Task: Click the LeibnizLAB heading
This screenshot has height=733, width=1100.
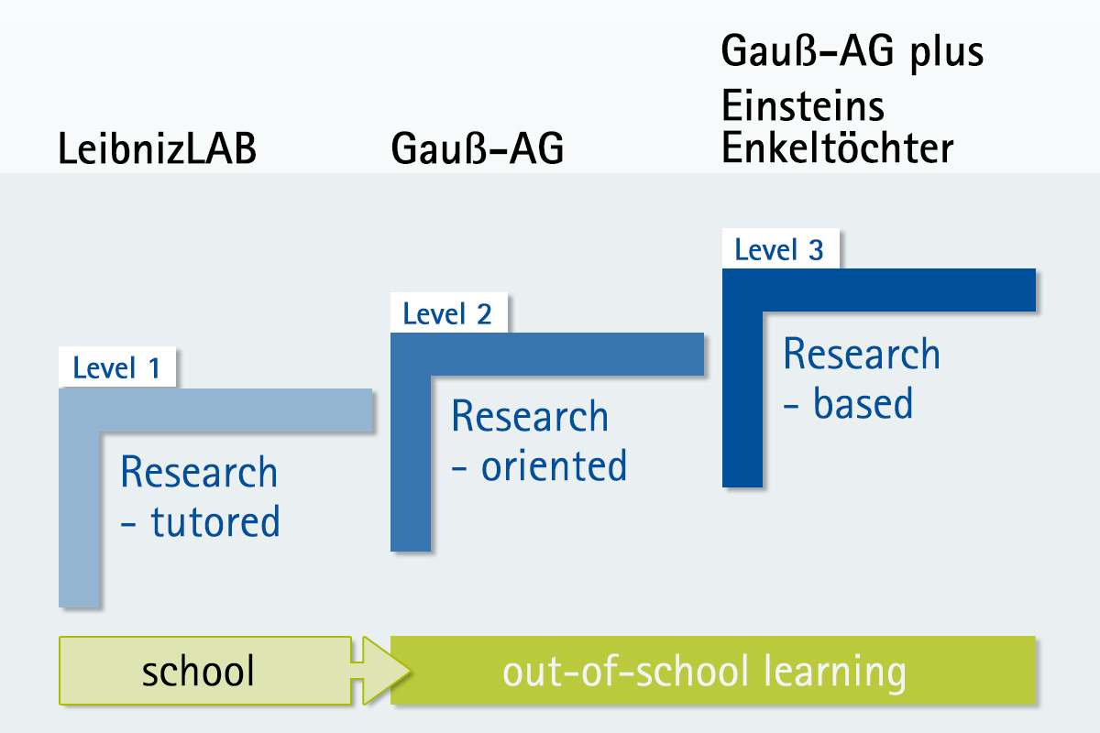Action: (157, 148)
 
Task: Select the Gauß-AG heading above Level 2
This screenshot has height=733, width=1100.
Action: (478, 148)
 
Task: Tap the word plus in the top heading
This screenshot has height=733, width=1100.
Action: (947, 53)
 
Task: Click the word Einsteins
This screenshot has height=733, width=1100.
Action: (803, 105)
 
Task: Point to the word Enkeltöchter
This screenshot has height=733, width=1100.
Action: (838, 148)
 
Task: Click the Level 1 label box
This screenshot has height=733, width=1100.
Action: (117, 366)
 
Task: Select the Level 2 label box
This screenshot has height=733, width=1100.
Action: (449, 312)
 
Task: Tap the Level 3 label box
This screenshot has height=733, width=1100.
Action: (781, 248)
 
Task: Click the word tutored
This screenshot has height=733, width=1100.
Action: (215, 521)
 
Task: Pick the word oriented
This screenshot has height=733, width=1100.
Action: (554, 465)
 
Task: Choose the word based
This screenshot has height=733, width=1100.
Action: (863, 403)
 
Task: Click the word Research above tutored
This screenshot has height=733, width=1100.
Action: (199, 471)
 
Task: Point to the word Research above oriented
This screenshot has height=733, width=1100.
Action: (530, 416)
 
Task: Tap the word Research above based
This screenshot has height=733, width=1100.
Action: (862, 354)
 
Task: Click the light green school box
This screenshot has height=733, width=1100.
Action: (205, 671)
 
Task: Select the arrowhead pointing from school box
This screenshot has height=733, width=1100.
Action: (386, 671)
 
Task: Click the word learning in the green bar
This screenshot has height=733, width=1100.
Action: (835, 673)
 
